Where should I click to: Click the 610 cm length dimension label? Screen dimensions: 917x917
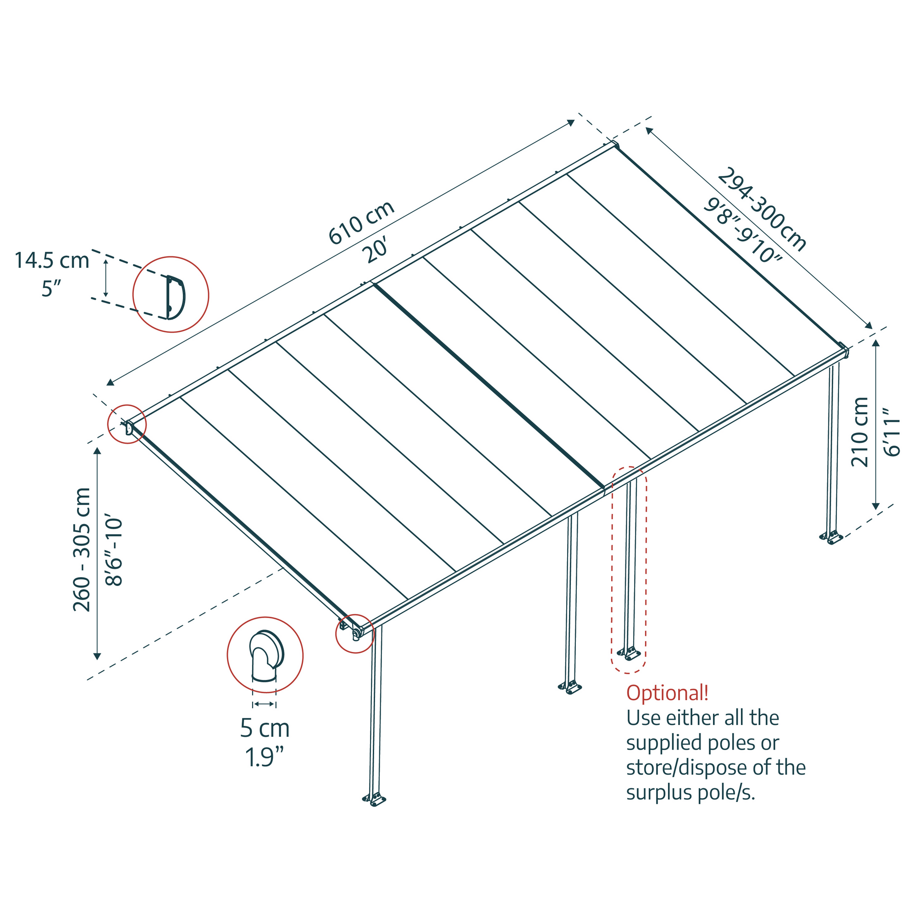click(362, 223)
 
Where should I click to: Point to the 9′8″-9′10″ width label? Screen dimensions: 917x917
click(742, 231)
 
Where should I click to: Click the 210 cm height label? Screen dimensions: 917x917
click(860, 432)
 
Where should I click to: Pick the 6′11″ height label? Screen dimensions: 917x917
click(892, 432)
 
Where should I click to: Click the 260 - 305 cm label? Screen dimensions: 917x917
click(82, 550)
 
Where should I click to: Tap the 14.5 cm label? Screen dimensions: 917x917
click(52, 260)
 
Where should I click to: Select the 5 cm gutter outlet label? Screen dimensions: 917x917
click(265, 728)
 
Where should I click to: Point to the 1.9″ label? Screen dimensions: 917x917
click(265, 757)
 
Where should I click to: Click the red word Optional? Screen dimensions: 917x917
click(667, 693)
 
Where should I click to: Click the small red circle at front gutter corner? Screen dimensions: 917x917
click(355, 634)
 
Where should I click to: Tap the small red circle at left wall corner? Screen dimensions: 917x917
click(127, 424)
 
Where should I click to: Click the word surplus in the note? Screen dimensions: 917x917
click(655, 793)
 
